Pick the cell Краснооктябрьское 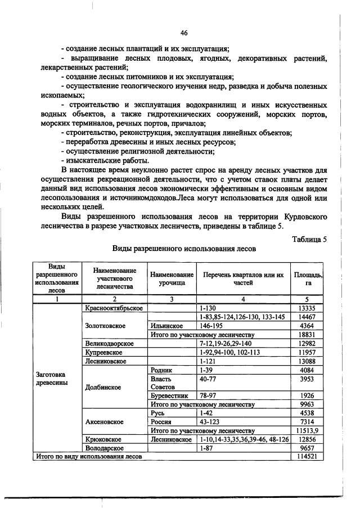(x=113, y=308)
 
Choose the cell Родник (x=161, y=370)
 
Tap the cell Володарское (x=108, y=448)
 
